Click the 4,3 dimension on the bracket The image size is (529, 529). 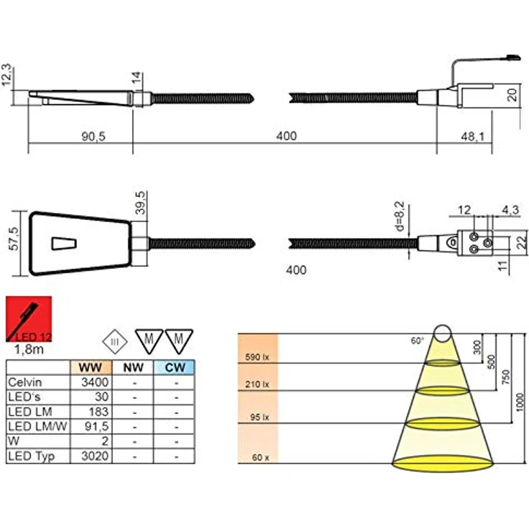click(509, 209)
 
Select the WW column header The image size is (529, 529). click(91, 367)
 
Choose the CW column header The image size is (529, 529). click(174, 367)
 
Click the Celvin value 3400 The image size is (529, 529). click(96, 382)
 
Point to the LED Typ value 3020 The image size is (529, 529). click(96, 456)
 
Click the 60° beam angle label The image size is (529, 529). click(417, 340)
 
